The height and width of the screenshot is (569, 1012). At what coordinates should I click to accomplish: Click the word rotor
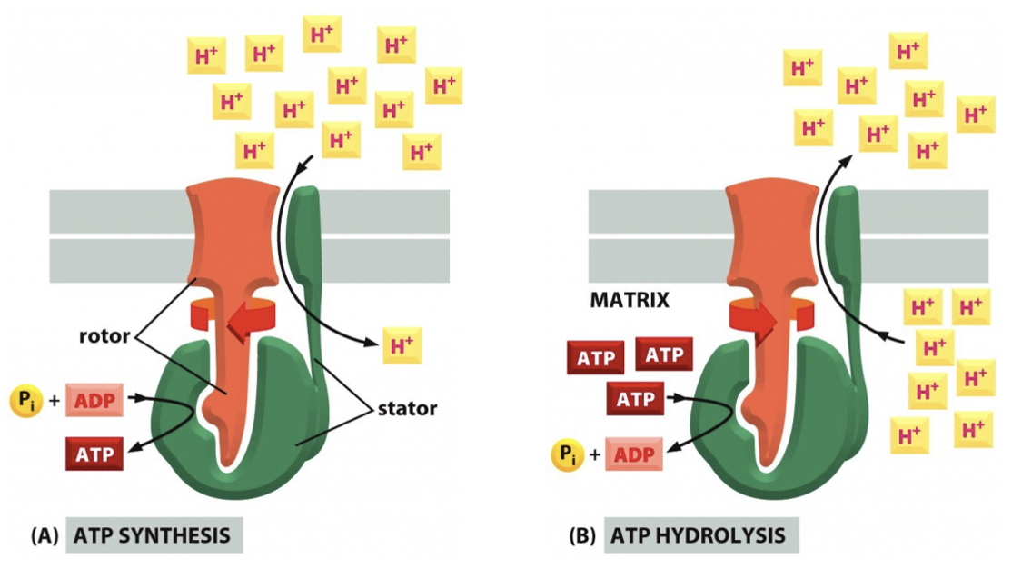[x=104, y=336]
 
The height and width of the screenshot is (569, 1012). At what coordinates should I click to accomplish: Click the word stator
[x=407, y=408]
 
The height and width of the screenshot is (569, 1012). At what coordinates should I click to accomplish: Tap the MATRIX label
[x=630, y=300]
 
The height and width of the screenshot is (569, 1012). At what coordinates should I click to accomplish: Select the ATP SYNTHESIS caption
[x=152, y=535]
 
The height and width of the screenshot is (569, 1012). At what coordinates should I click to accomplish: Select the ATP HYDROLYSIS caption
[x=698, y=535]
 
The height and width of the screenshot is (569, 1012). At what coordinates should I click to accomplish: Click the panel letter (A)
[x=45, y=536]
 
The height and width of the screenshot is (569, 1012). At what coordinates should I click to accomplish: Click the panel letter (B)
[x=582, y=536]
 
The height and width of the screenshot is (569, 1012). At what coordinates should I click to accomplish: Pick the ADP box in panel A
[x=94, y=401]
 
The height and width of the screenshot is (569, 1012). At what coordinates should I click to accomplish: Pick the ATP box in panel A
[x=94, y=454]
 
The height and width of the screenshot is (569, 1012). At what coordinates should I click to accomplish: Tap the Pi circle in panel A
[x=25, y=401]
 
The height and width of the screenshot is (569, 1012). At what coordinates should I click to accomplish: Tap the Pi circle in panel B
[x=567, y=454]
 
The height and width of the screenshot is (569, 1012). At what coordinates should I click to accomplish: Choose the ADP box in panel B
[x=634, y=454]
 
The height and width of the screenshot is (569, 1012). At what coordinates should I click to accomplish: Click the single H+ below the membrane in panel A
[x=402, y=345]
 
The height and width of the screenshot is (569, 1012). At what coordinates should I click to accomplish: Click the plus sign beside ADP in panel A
[x=55, y=401]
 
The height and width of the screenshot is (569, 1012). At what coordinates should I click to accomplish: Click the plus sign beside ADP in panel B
[x=594, y=454]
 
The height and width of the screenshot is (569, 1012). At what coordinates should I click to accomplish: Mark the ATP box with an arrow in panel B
[x=635, y=399]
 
